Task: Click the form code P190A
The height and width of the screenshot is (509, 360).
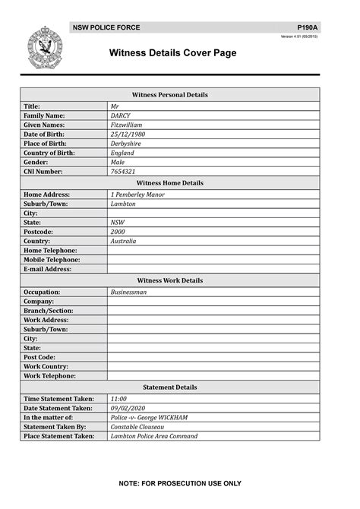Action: (x=308, y=27)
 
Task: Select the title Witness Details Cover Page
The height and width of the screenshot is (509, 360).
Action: (x=173, y=53)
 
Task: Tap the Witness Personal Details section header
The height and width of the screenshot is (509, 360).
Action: (x=170, y=95)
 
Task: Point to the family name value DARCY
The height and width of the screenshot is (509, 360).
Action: (x=121, y=115)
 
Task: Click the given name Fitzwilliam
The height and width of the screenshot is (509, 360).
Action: (x=126, y=125)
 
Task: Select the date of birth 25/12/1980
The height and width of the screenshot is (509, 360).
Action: (x=128, y=134)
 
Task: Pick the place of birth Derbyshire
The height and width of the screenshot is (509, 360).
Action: (x=126, y=144)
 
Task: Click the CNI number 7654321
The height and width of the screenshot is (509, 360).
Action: (x=123, y=172)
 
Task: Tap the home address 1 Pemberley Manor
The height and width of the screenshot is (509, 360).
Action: (x=137, y=194)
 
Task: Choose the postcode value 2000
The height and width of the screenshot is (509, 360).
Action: (x=118, y=232)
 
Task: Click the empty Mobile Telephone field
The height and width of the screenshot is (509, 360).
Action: (x=213, y=260)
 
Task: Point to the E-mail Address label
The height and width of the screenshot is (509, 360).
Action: (x=48, y=269)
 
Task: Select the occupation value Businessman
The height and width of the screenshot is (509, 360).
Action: (x=129, y=292)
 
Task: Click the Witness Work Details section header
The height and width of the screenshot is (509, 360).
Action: (x=170, y=280)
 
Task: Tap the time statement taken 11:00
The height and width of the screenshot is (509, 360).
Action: (x=118, y=399)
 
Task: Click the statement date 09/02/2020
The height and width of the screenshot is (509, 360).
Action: (x=127, y=408)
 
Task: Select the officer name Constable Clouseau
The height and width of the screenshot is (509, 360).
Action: (x=140, y=427)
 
